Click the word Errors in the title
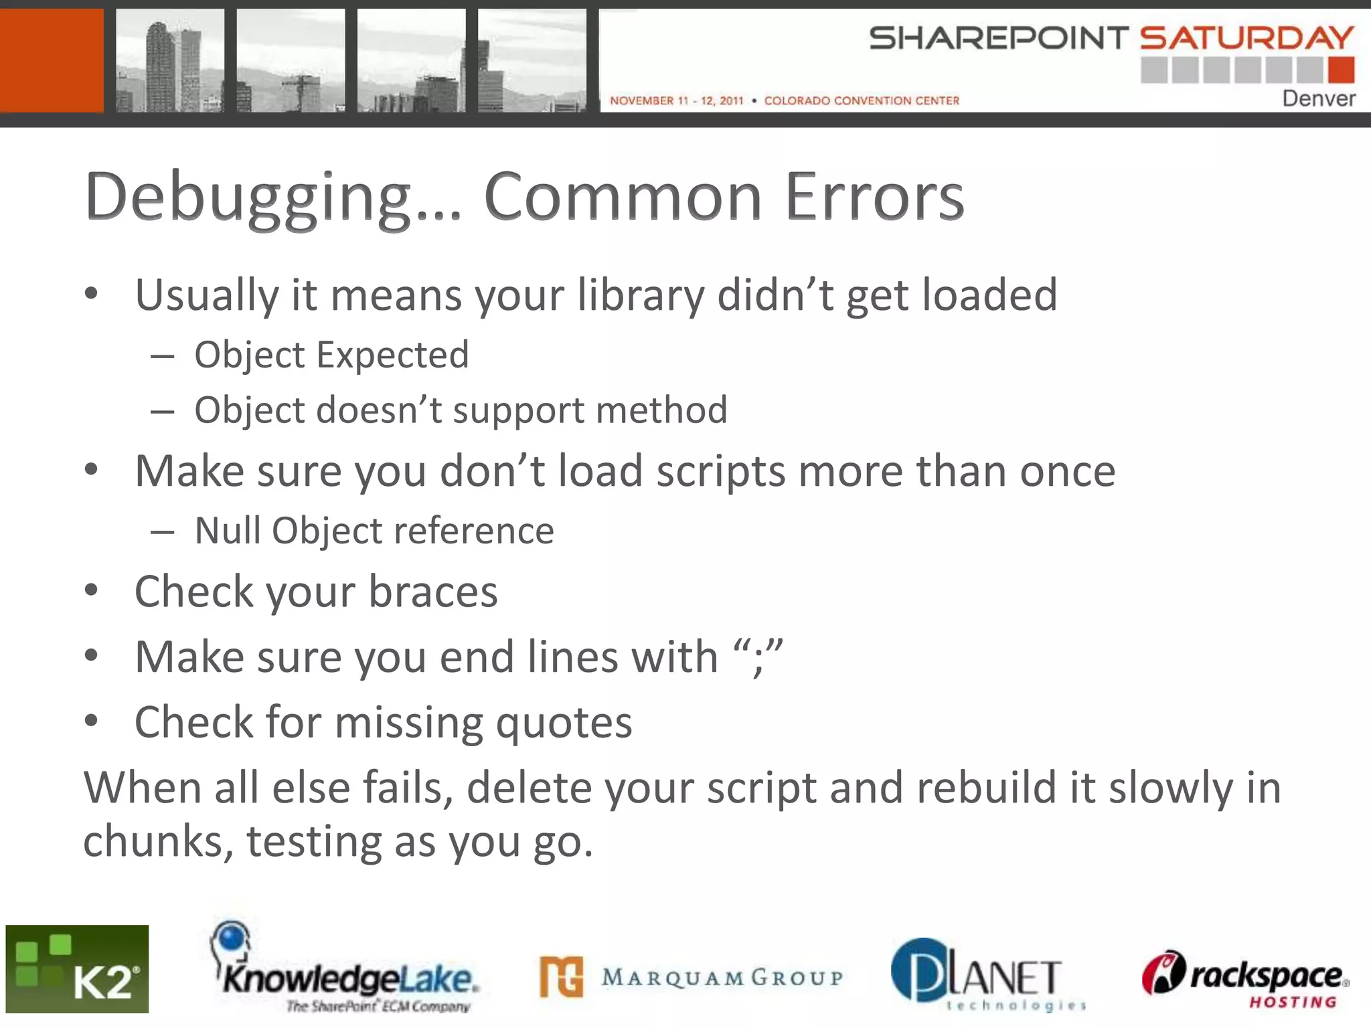point(874,197)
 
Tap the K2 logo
point(77,968)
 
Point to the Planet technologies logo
point(987,974)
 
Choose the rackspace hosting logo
point(1245,978)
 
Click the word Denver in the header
point(1318,98)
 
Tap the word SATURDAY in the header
point(1246,38)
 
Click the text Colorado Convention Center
point(862,100)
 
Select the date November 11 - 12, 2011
point(676,100)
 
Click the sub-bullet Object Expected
point(331,355)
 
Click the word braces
point(433,592)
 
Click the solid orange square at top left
point(52,60)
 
